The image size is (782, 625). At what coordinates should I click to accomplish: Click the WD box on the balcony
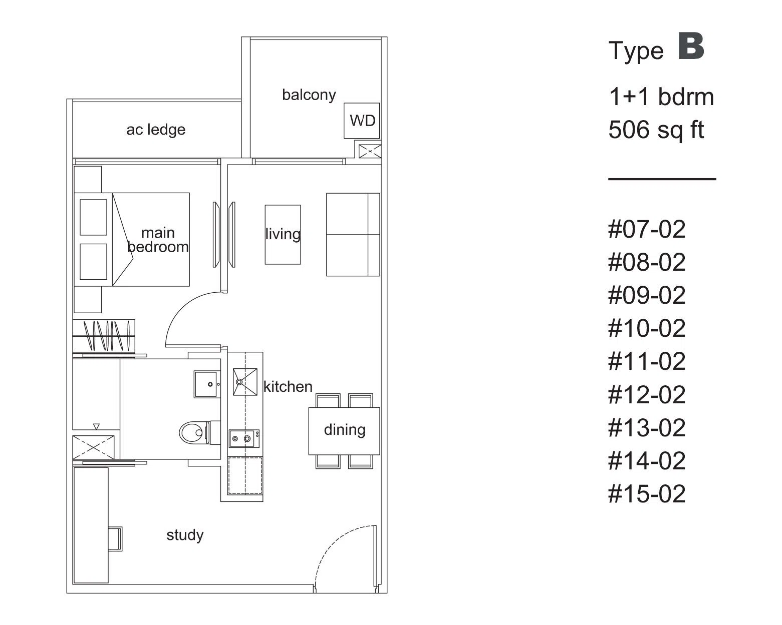click(362, 121)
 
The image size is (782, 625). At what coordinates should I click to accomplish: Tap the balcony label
click(309, 95)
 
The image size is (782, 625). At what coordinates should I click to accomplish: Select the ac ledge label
click(156, 130)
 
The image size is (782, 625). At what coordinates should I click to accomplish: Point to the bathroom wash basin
click(207, 384)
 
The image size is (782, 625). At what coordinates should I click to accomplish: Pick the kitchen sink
click(245, 382)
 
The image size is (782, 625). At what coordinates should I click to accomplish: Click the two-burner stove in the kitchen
click(244, 438)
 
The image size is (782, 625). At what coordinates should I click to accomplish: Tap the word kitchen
click(288, 387)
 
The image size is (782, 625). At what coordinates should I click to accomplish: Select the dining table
click(344, 431)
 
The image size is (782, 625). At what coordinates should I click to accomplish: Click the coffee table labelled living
click(283, 235)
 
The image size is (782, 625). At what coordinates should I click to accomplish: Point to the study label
click(185, 535)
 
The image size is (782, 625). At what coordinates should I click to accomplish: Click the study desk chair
click(115, 538)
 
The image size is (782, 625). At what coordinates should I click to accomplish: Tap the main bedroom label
click(158, 240)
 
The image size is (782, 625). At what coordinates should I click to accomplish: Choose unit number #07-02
click(647, 229)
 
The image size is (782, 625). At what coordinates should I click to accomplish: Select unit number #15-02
click(647, 493)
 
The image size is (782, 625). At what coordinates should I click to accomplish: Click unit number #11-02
click(647, 361)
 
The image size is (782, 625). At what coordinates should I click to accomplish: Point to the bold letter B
click(691, 46)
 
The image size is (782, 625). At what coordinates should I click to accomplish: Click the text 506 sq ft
click(656, 130)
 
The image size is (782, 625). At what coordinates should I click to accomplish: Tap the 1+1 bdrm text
click(661, 97)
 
